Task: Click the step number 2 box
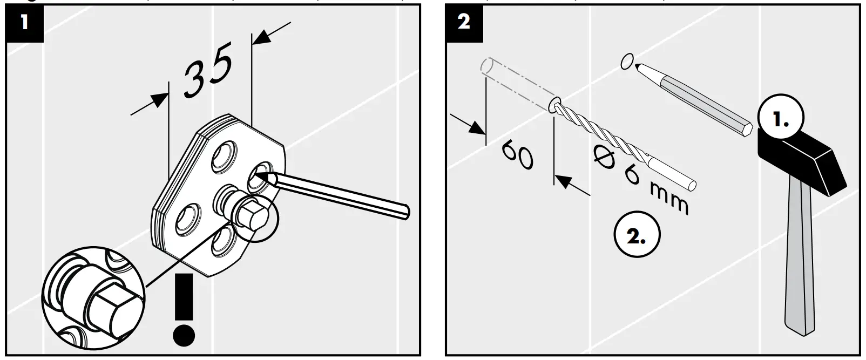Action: [464, 22]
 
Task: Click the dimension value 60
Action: [517, 155]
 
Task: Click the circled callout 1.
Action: [780, 120]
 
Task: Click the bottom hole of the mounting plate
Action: [222, 240]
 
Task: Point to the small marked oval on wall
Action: [627, 61]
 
